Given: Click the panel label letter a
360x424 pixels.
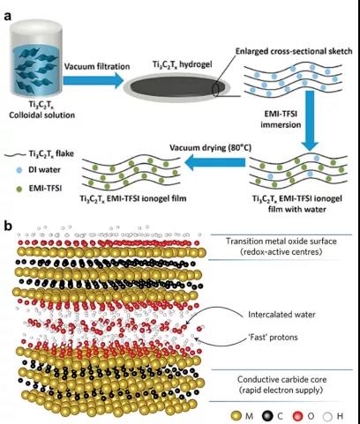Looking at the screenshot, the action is [x=8, y=16].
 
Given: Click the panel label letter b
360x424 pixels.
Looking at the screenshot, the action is [x=8, y=227].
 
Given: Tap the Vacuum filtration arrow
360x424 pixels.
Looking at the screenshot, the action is [x=94, y=80].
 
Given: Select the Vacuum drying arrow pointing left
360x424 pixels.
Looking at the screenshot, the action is [x=214, y=162].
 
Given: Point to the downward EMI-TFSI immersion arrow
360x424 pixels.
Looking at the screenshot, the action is [x=310, y=121].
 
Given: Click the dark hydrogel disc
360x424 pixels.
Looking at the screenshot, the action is [x=177, y=87].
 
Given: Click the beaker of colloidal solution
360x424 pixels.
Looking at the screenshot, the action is [x=36, y=60].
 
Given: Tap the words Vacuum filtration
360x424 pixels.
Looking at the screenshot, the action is [x=97, y=66].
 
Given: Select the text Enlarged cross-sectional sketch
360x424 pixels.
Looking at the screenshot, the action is [x=294, y=51].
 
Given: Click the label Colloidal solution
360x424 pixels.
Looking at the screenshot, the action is [x=41, y=115].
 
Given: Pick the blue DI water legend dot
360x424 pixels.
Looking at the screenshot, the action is [x=19, y=170].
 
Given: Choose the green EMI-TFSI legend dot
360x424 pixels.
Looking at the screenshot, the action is [x=19, y=189].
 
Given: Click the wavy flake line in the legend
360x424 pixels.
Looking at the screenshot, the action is [x=16, y=154].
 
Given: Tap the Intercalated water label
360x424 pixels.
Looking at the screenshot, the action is [x=281, y=315].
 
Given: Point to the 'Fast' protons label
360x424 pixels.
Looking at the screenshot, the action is [x=273, y=337].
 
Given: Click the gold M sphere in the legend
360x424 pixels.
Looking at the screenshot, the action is [x=236, y=416].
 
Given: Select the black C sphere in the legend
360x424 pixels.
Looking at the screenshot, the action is [x=267, y=416].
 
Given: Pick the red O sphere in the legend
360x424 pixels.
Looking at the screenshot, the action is [x=297, y=416].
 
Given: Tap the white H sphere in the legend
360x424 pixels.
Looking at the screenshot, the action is [x=327, y=416].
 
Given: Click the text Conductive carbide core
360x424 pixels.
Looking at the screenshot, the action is [x=281, y=380].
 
